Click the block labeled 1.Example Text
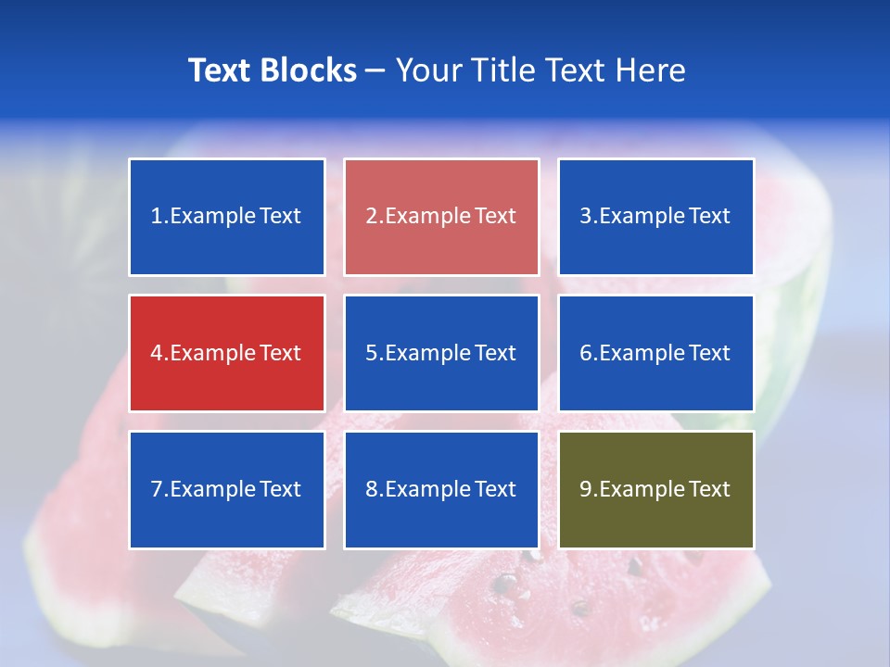click(227, 217)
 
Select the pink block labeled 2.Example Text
click(441, 217)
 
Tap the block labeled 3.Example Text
click(655, 217)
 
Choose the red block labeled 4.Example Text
click(227, 353)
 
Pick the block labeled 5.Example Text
click(441, 353)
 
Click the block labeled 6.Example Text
click(655, 353)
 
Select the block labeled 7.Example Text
click(227, 489)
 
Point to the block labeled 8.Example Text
click(441, 489)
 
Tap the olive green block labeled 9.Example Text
click(655, 489)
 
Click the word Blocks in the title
click(310, 70)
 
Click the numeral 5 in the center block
click(371, 353)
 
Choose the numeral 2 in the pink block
click(371, 217)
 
